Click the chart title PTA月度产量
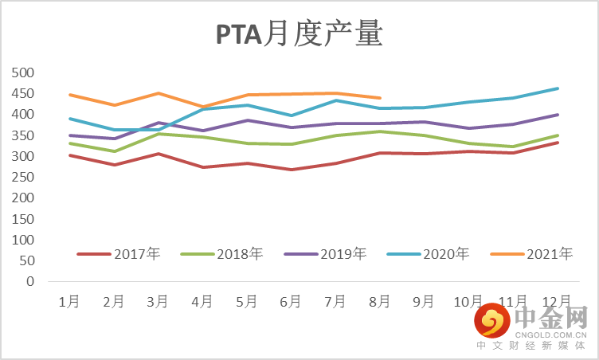299,35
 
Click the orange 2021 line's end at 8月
380,98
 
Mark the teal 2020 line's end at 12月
558,88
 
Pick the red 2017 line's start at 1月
70,155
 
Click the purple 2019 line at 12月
558,115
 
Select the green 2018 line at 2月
115,151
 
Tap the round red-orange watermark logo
492,323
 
